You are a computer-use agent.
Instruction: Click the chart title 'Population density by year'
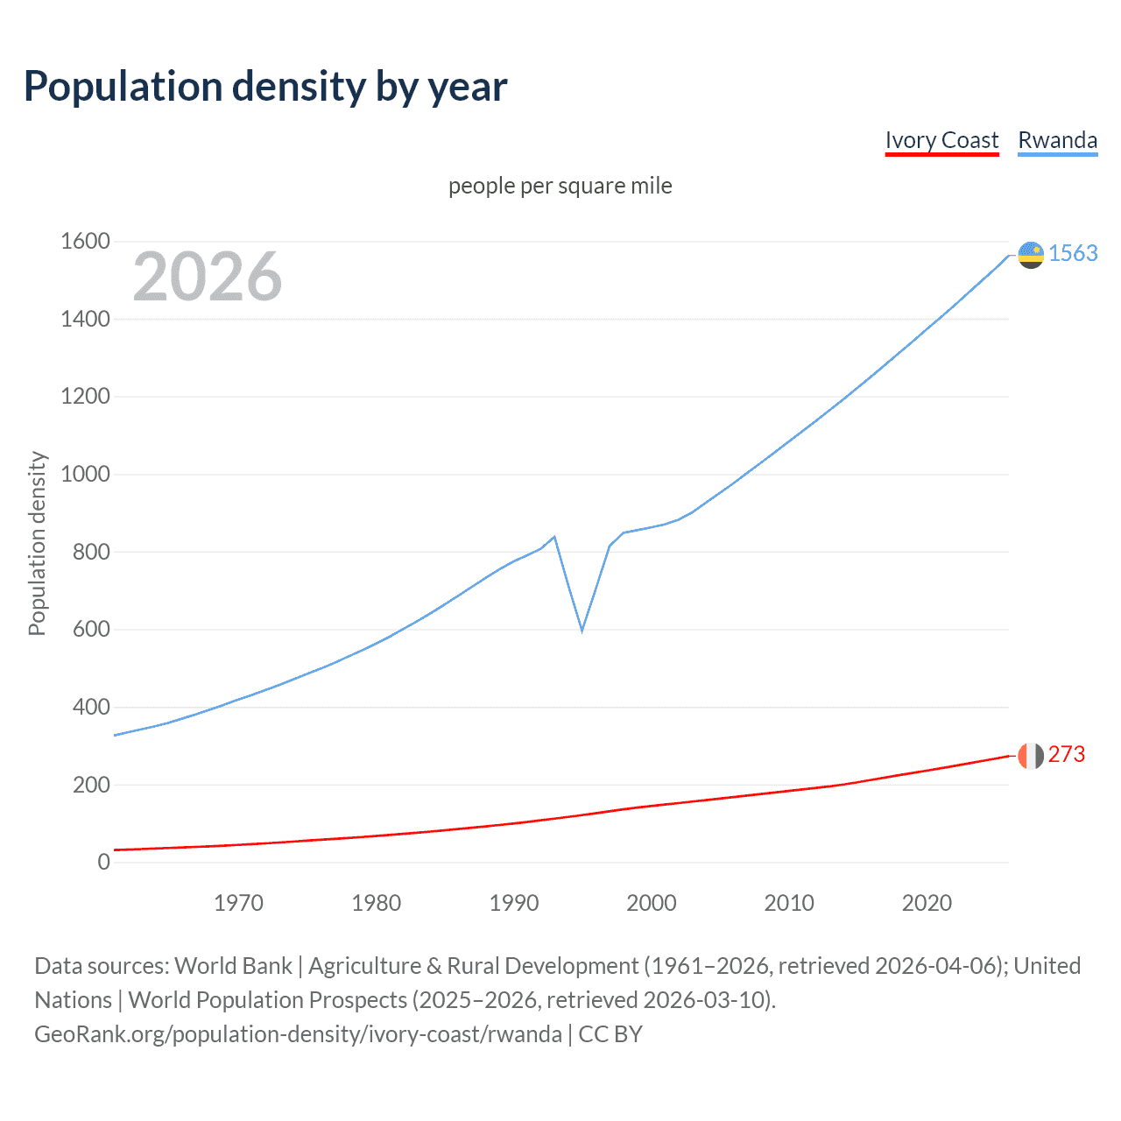coord(265,87)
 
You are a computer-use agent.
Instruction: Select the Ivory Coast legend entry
coord(941,140)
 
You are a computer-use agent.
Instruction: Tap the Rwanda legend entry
coord(1057,140)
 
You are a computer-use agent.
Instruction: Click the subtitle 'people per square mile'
coord(560,186)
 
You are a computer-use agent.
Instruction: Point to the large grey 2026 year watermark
coord(208,277)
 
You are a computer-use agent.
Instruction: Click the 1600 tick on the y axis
coord(85,241)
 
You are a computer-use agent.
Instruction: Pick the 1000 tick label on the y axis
coord(85,474)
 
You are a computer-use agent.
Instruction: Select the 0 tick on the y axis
coord(103,862)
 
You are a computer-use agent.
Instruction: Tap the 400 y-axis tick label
coord(91,707)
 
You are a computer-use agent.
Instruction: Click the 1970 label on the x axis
coord(238,903)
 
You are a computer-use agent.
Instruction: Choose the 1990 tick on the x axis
coord(514,903)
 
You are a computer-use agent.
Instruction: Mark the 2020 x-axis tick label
coord(927,903)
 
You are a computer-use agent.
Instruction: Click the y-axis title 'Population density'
coord(37,543)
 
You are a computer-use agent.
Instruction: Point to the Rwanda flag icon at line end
coord(1031,255)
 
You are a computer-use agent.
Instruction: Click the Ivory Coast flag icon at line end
coord(1031,755)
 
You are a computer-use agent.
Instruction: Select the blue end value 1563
coord(1073,253)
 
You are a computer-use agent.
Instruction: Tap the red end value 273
coord(1066,754)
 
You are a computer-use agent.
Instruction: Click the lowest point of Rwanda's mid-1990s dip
coord(582,630)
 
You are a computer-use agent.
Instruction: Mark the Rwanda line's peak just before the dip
coord(554,537)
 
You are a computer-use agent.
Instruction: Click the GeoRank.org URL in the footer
coord(298,1034)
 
